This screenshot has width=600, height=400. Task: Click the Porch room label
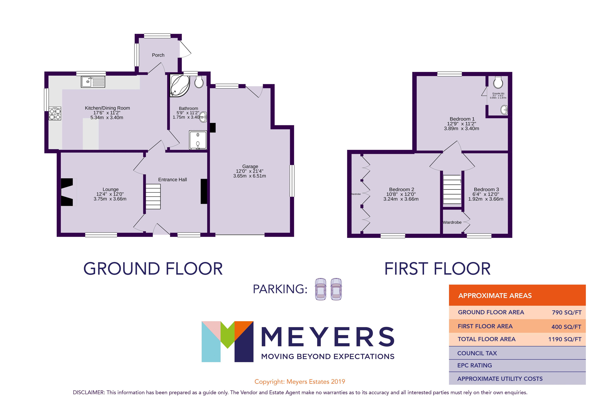[158, 55]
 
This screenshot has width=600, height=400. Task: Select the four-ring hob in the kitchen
[55, 114]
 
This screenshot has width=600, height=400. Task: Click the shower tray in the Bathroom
[198, 140]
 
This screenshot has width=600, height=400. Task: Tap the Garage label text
[250, 166]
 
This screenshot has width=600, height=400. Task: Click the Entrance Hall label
[172, 180]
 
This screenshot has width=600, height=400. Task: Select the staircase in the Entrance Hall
[153, 196]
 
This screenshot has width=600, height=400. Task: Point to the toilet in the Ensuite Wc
[498, 82]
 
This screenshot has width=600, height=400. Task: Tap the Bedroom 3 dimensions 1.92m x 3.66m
[486, 199]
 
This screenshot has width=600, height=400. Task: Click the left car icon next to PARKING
[321, 289]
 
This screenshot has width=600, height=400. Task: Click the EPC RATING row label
[474, 365]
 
